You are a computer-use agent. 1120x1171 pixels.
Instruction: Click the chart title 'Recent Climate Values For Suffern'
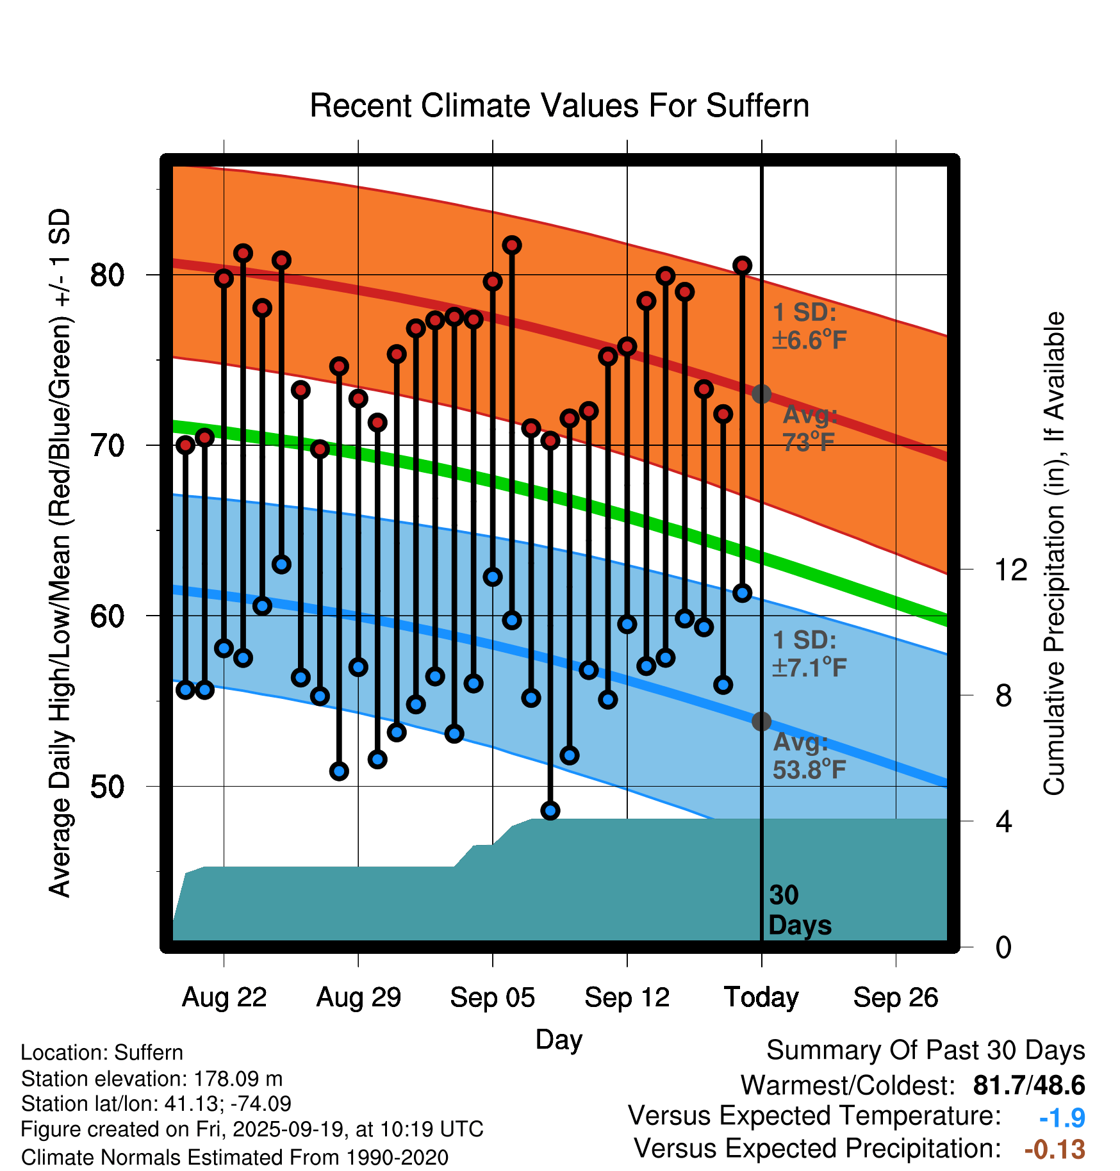559,106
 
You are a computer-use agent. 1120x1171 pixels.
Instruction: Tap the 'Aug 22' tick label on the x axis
224,997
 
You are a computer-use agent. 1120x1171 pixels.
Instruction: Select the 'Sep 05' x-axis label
492,997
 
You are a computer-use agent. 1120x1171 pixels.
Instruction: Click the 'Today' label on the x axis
761,997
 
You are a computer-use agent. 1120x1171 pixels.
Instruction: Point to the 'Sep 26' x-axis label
896,997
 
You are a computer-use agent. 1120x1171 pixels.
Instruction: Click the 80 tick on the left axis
107,275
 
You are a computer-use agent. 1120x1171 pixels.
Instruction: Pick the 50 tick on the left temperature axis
107,787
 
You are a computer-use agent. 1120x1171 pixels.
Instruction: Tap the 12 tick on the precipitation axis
1010,569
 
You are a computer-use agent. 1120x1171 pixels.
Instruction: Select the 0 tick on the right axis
1003,947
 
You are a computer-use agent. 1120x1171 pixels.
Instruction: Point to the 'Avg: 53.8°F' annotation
809,756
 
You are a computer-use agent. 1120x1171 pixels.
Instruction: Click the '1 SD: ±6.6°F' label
809,326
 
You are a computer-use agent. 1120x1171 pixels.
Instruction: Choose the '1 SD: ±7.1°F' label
809,654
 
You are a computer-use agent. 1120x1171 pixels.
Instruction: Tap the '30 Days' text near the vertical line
799,910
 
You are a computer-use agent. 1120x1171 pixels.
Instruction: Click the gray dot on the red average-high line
761,394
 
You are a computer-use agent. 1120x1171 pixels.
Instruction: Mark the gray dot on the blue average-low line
761,721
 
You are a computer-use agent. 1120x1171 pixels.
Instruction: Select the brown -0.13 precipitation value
1055,1149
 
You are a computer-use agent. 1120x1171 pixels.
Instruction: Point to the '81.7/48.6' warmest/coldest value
1028,1085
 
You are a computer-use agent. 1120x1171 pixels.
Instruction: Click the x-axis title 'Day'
559,1039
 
